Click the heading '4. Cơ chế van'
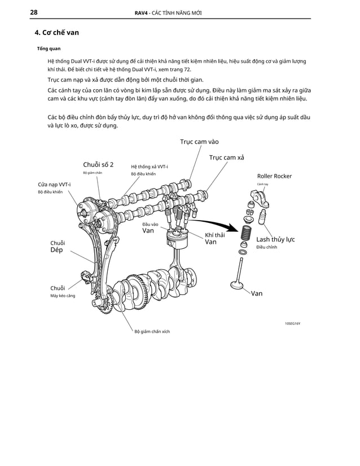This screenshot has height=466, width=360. pyautogui.click(x=56, y=32)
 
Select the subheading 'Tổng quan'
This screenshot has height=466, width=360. pyautogui.click(x=49, y=49)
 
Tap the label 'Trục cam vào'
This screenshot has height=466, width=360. pyautogui.click(x=199, y=142)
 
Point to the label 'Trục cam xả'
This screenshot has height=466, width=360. pyautogui.click(x=226, y=157)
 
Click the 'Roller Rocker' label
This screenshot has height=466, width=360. pyautogui.click(x=274, y=176)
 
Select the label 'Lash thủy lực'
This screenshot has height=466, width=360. pyautogui.click(x=275, y=239)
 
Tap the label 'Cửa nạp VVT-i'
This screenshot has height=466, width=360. pyautogui.click(x=54, y=184)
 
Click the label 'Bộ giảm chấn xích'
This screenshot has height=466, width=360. pyautogui.click(x=152, y=331)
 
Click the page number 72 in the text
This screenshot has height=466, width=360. pyautogui.click(x=187, y=69)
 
